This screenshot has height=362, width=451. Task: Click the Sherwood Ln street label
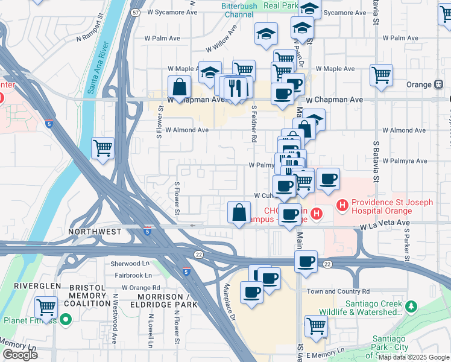130,264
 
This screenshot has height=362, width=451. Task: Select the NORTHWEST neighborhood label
95,232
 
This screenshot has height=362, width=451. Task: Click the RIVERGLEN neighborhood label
25,286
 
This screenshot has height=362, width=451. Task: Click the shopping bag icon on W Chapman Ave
179,86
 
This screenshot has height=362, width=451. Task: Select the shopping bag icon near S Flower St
239,212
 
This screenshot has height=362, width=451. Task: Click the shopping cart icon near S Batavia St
381,75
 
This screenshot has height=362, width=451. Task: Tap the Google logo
19,355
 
